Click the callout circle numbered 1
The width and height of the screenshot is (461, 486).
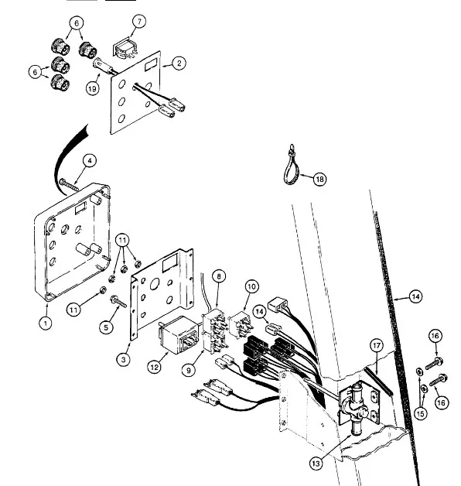click(x=46, y=323)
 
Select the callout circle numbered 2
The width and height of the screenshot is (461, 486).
click(x=179, y=63)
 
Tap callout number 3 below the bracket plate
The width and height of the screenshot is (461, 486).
click(x=124, y=360)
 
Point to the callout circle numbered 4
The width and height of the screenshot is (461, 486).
click(x=90, y=161)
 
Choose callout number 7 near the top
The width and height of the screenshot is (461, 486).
click(x=139, y=22)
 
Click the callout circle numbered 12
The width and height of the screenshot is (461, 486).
click(x=154, y=368)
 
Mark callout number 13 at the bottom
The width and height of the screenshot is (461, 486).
click(x=316, y=464)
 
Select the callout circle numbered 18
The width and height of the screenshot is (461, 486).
click(x=319, y=179)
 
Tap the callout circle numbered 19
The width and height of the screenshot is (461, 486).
click(x=92, y=89)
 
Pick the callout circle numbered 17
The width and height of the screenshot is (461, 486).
click(x=377, y=346)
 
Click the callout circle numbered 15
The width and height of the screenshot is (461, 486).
click(x=421, y=413)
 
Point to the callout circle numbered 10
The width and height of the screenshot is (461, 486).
click(x=251, y=286)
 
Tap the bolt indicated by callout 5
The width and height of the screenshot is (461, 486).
click(x=118, y=301)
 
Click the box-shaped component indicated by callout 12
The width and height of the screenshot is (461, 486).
click(x=178, y=335)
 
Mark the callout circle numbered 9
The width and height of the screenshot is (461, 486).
click(x=189, y=370)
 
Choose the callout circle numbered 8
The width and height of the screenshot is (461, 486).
click(x=219, y=276)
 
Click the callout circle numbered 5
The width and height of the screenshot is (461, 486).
click(x=106, y=327)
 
